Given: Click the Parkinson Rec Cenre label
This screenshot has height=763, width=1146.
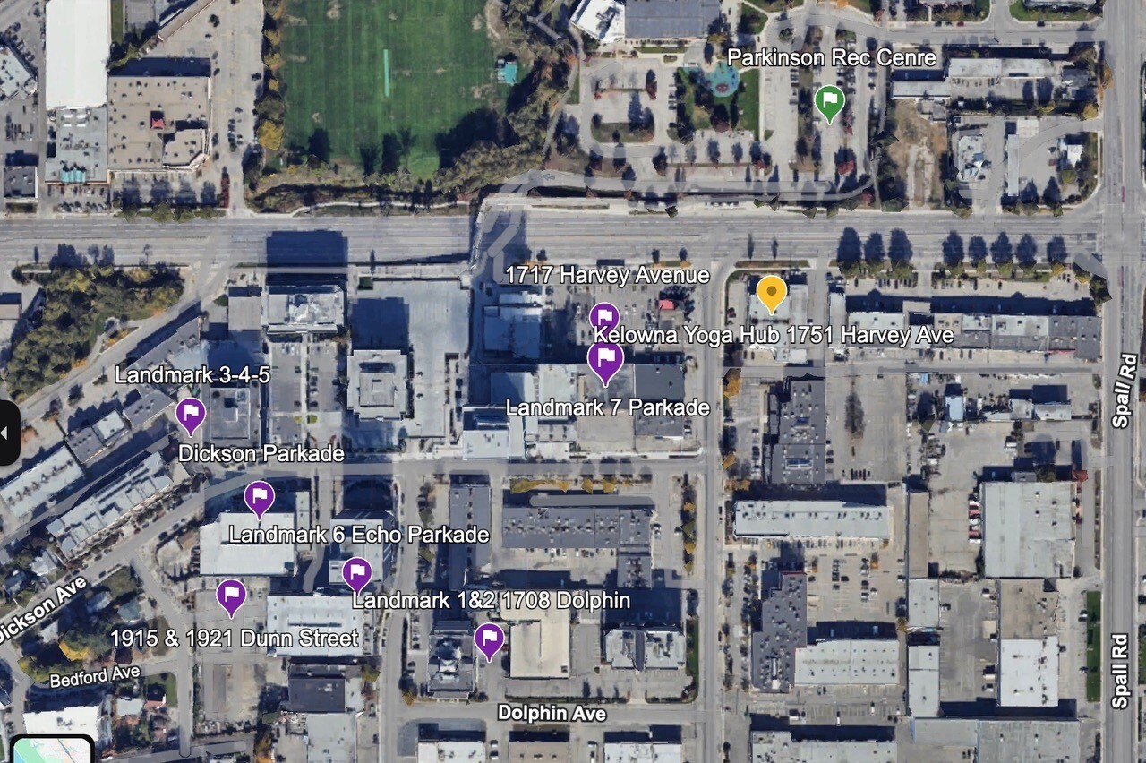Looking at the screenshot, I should click(x=831, y=58).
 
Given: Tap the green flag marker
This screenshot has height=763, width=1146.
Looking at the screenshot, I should click(x=830, y=101).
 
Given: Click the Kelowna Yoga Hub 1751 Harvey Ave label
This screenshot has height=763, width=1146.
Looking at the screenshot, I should click(x=774, y=336).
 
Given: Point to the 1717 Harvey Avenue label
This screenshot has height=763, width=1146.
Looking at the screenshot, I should click(x=607, y=275).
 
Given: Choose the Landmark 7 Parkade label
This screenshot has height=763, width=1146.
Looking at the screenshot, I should click(x=607, y=407).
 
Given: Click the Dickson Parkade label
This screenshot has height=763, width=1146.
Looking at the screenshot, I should click(x=261, y=453).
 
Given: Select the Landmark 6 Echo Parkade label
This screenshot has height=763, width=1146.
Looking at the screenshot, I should click(x=358, y=535).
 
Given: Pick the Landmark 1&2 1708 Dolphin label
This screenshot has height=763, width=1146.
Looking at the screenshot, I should click(x=491, y=599).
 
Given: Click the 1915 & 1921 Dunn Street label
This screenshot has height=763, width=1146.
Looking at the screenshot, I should click(x=234, y=638).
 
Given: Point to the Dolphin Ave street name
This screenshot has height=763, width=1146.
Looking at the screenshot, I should click(x=552, y=713).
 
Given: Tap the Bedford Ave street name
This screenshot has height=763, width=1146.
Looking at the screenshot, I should click(x=95, y=676).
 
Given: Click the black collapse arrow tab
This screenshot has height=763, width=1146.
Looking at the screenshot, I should click(x=8, y=433).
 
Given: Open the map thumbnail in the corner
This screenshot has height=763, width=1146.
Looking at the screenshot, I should click(x=51, y=750).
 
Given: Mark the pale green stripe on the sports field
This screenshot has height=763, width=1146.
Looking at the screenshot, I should click(x=387, y=73).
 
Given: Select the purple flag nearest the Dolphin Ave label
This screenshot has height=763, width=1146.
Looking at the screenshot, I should click(x=488, y=639).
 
